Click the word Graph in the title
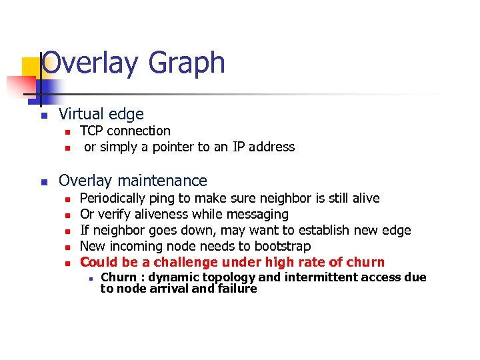(x=187, y=64)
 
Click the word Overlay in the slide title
(x=91, y=63)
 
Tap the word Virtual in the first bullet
(x=83, y=115)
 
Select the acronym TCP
(x=91, y=131)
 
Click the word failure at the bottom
(x=237, y=289)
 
